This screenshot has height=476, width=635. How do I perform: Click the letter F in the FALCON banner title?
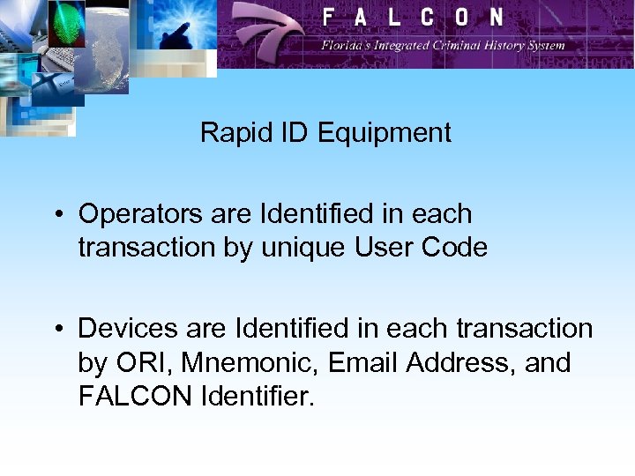[x=329, y=18]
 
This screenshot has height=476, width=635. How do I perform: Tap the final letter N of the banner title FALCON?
[x=497, y=18]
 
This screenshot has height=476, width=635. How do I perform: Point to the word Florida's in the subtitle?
[x=349, y=45]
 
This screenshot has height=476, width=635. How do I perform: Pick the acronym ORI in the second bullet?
[x=135, y=363]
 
